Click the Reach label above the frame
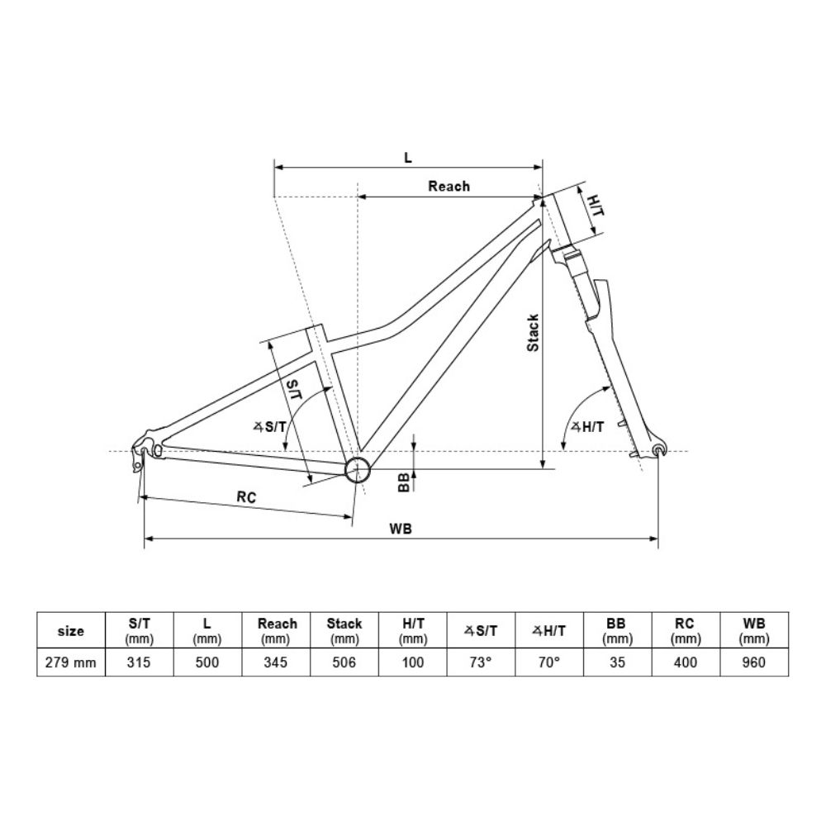pyautogui.click(x=449, y=187)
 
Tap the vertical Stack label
pyautogui.click(x=534, y=333)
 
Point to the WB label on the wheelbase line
pyautogui.click(x=402, y=529)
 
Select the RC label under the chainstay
pyautogui.click(x=245, y=497)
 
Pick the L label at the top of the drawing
pyautogui.click(x=408, y=157)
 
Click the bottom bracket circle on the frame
pyautogui.click(x=357, y=470)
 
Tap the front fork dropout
pyautogui.click(x=658, y=449)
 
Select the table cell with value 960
pyautogui.click(x=753, y=662)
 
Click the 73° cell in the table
pyautogui.click(x=481, y=662)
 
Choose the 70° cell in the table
pyautogui.click(x=549, y=662)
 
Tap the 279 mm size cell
pyautogui.click(x=72, y=662)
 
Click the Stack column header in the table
pyautogui.click(x=344, y=631)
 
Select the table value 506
pyautogui.click(x=344, y=662)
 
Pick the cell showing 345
pyautogui.click(x=277, y=662)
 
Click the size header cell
pyautogui.click(x=72, y=631)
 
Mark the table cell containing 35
pyautogui.click(x=617, y=662)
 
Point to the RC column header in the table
pyautogui.click(x=685, y=631)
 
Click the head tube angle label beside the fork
pyautogui.click(x=587, y=427)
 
